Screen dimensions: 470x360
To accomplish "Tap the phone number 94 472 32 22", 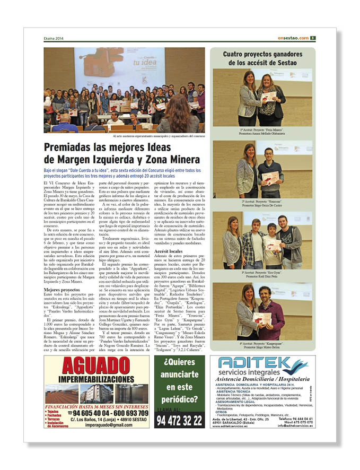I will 179,421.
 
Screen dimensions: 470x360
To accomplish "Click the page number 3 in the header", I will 313,38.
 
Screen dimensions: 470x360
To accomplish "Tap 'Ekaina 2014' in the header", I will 54,38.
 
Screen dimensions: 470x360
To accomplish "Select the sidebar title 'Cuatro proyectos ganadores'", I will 262,54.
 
